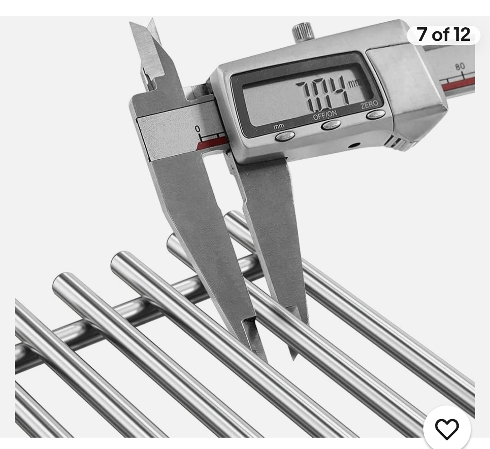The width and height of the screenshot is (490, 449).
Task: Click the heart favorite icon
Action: [447, 429]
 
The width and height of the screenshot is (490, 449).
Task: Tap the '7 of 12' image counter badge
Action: [443, 35]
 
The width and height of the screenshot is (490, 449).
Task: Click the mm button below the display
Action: [284, 136]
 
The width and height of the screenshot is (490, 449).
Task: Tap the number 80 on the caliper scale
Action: [460, 67]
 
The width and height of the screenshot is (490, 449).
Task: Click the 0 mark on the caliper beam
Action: [197, 128]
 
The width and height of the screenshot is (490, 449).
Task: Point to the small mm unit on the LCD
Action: [353, 84]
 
